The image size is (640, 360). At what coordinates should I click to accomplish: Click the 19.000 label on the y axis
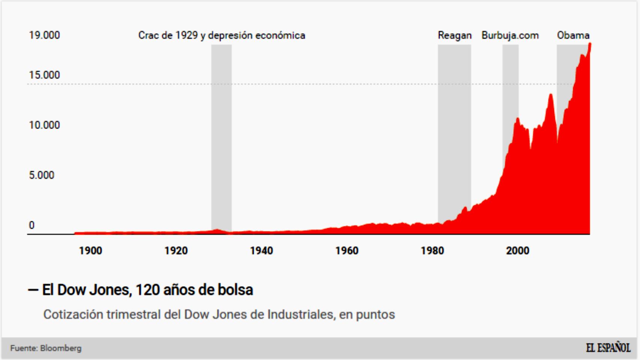point(44,35)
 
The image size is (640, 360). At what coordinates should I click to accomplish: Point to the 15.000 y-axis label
point(44,75)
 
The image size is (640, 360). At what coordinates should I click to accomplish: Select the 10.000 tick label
point(44,125)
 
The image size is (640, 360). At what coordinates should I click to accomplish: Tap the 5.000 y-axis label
point(42,175)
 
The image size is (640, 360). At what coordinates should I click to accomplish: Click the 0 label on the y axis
point(32,225)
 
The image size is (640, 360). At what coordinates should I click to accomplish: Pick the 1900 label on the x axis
point(90,250)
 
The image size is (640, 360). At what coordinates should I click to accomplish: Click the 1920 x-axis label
point(176,250)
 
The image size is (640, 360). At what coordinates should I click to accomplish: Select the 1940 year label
point(261,250)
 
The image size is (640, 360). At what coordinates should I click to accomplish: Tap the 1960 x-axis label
point(347,250)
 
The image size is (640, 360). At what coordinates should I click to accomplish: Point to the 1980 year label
point(432,250)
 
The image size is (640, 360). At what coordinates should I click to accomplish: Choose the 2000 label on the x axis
point(517,250)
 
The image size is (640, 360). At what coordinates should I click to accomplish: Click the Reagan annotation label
point(454,35)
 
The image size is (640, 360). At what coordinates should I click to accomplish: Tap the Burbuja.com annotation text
point(510,35)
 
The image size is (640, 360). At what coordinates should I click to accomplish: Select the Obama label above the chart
point(573,35)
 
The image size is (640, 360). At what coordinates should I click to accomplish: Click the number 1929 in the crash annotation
point(186,35)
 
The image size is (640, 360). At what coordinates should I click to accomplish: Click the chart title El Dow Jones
point(147,290)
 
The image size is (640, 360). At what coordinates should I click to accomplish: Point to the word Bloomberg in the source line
point(61,348)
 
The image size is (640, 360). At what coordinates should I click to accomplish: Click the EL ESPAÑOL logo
point(608,348)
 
